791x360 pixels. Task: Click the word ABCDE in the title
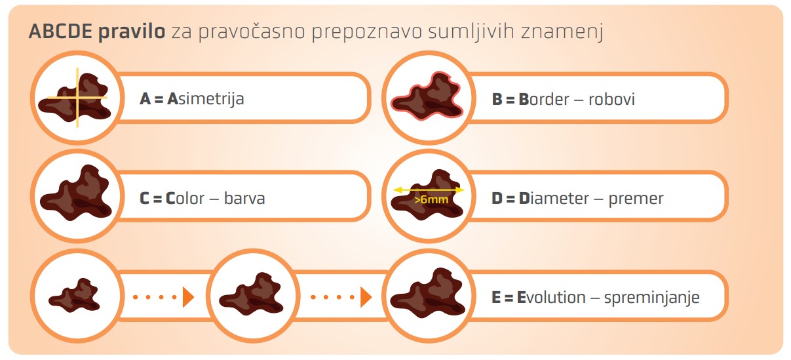60,31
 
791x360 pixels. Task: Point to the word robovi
611,99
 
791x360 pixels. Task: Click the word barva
244,198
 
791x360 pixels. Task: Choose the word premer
636,199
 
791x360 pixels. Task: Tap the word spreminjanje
652,298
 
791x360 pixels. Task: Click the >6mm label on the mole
431,199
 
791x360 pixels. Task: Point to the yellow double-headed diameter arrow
429,190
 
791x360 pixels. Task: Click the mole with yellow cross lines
75,98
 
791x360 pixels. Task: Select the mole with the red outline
427,96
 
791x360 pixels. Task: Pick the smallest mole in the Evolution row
75,296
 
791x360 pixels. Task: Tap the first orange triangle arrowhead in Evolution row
188,297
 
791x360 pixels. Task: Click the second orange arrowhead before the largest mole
366,297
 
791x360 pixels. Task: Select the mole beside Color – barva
76,193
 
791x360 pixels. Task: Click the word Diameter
554,199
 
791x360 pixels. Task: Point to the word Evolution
551,298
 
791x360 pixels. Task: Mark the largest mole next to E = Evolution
428,293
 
